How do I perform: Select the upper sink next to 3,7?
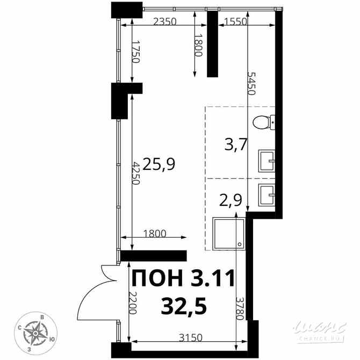[x=267, y=160]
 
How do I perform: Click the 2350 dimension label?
[x=165, y=22]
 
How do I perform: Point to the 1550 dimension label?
[x=234, y=22]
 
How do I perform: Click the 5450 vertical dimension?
[x=251, y=83]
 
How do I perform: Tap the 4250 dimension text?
[x=136, y=173]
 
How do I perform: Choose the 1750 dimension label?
[x=135, y=52]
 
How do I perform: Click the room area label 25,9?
[x=160, y=163]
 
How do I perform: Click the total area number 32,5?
[x=183, y=307]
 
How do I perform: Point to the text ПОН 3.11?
[x=183, y=279]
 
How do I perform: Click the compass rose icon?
[x=37, y=333]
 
